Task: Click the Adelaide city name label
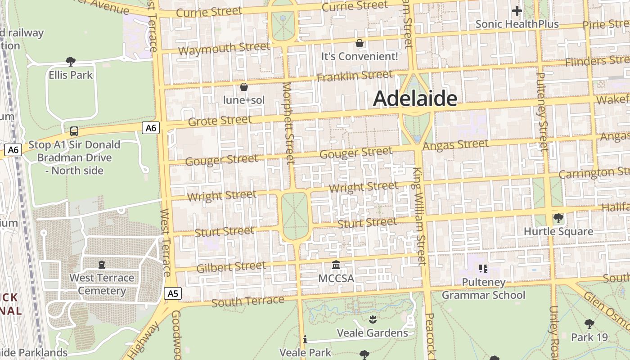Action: pyautogui.click(x=415, y=99)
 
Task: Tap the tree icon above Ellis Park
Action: pyautogui.click(x=70, y=61)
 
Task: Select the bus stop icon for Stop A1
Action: pyautogui.click(x=74, y=131)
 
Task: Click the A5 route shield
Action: pyautogui.click(x=173, y=294)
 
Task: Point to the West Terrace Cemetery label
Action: pyautogui.click(x=102, y=284)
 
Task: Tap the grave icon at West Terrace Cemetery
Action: pyautogui.click(x=102, y=265)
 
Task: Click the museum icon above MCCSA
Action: pyautogui.click(x=336, y=265)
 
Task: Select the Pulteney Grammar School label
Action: pyautogui.click(x=483, y=289)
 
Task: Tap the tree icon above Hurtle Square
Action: pyautogui.click(x=558, y=218)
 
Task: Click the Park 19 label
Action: pyautogui.click(x=589, y=337)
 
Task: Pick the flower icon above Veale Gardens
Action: pyautogui.click(x=372, y=319)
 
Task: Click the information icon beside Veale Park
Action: pyautogui.click(x=305, y=340)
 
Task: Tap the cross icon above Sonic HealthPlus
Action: pyautogui.click(x=517, y=10)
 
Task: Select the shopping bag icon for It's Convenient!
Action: pyautogui.click(x=360, y=43)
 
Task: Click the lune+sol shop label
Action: pyautogui.click(x=244, y=100)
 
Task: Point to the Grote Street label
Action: pyautogui.click(x=220, y=121)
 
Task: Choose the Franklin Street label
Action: pyautogui.click(x=354, y=76)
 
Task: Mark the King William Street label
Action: pyautogui.click(x=419, y=216)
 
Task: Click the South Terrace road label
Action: pyautogui.click(x=247, y=301)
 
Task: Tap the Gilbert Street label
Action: pyautogui.click(x=231, y=267)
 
